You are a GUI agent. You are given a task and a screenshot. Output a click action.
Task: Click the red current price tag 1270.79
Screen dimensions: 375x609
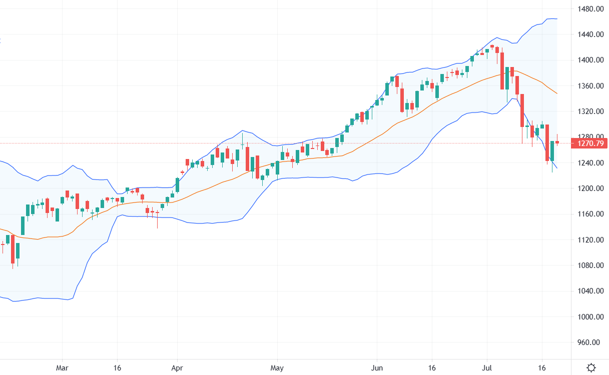click(590, 143)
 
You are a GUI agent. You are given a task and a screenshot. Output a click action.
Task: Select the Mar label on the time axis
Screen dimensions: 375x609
click(62, 367)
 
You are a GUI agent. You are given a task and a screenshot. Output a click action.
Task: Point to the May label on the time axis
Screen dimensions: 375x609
click(277, 367)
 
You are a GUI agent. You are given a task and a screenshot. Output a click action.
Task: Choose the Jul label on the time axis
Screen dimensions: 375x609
click(486, 367)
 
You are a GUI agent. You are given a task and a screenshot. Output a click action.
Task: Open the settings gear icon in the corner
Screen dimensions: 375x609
click(591, 367)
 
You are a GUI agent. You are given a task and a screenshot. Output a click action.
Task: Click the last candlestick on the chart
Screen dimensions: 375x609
click(557, 142)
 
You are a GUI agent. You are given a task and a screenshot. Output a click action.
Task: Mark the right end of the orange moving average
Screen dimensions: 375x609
click(557, 93)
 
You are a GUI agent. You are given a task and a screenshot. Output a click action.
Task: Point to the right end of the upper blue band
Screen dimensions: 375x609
click(557, 19)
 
